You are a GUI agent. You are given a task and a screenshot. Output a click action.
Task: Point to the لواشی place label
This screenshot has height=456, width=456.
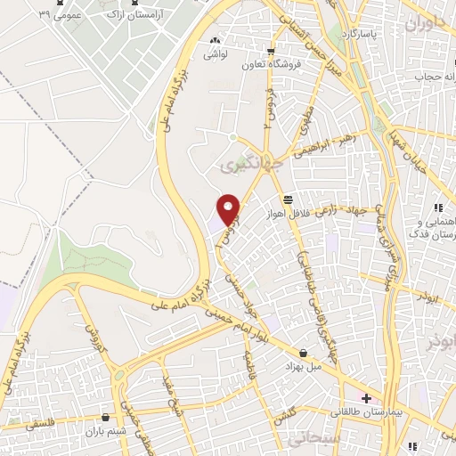pos(216,53)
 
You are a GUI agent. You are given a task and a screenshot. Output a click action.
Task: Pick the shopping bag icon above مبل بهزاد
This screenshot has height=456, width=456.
pos(305,353)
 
